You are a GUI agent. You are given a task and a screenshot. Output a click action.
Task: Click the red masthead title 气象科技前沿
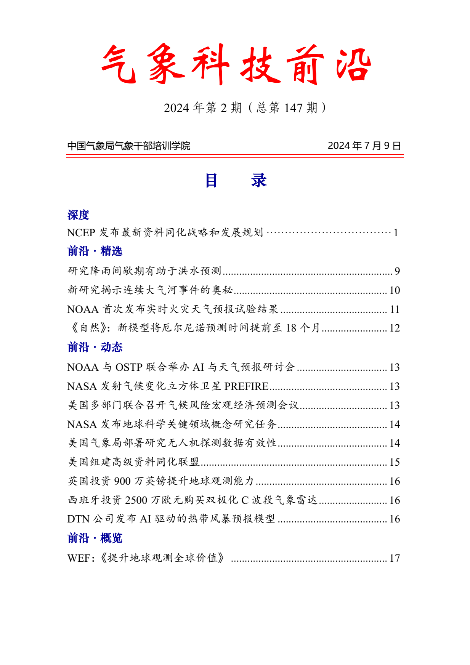236,64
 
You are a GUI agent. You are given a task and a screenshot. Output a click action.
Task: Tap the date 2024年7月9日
364,146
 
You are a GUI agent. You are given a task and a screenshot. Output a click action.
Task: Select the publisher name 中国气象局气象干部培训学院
128,146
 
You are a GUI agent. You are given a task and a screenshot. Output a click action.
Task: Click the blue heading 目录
236,180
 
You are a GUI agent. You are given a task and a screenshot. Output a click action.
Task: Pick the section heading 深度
78,215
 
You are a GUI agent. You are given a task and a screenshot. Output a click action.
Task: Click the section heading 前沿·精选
95,251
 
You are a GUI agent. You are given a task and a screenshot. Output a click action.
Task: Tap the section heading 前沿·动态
95,347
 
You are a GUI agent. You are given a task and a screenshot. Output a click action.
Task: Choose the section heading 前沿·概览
95,538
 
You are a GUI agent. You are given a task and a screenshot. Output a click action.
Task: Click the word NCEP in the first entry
81,232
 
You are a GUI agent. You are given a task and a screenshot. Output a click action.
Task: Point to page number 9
397,271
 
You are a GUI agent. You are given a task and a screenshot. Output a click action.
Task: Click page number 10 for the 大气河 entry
395,290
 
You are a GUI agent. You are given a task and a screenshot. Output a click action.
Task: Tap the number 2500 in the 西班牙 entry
136,500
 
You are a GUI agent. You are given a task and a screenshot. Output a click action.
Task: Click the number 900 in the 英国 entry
122,481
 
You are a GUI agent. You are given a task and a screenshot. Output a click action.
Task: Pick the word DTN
78,519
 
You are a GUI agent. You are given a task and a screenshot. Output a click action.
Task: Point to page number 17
395,558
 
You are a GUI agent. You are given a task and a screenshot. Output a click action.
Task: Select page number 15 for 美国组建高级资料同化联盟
395,462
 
